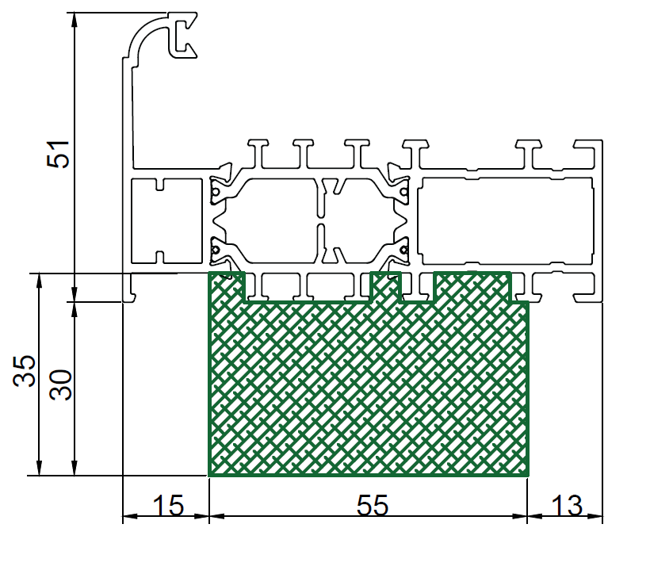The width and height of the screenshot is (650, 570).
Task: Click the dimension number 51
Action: tap(58, 155)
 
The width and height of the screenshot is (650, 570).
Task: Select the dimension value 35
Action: tap(24, 370)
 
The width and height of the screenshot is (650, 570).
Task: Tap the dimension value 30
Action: tap(60, 384)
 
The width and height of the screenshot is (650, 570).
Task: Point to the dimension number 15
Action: tap(168, 505)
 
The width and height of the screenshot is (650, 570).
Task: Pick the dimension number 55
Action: tap(373, 505)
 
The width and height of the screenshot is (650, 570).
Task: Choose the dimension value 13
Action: tap(567, 505)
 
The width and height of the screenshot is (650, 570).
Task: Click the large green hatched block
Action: tap(369, 388)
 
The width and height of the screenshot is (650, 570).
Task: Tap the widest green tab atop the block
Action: tap(472, 287)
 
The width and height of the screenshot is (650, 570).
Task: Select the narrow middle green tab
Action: tap(385, 287)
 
